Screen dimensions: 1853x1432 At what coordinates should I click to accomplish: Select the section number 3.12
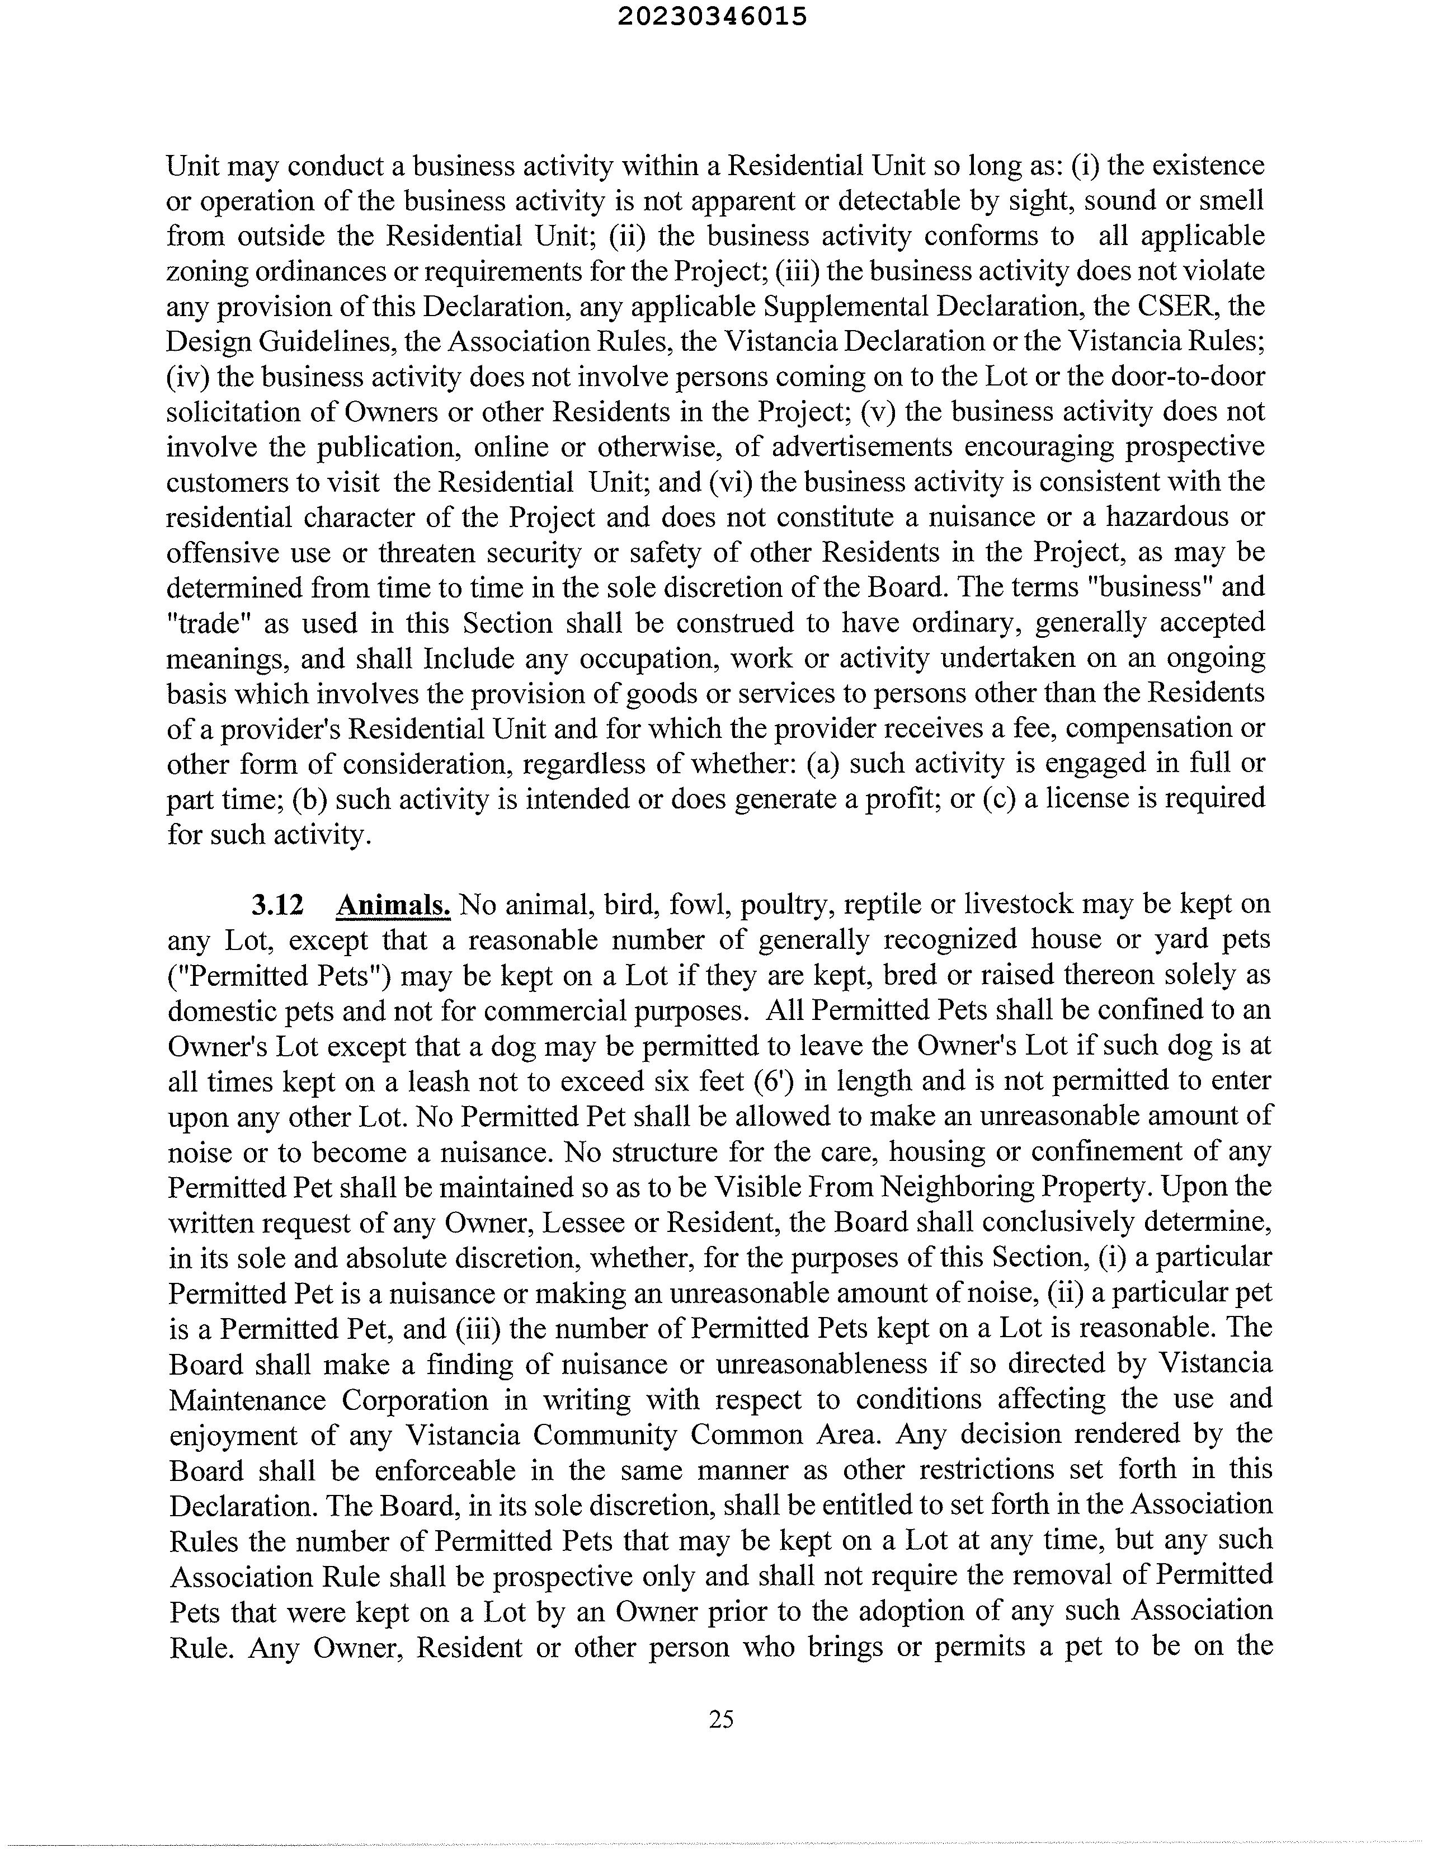[x=277, y=905]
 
